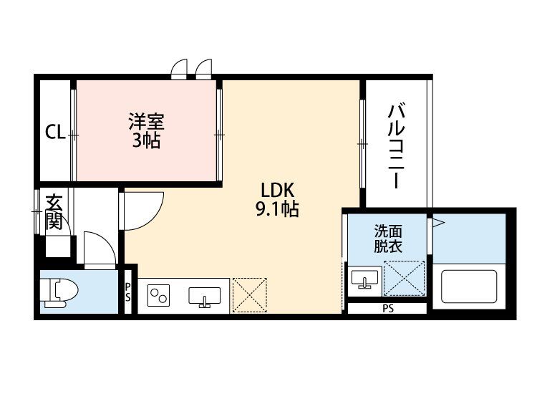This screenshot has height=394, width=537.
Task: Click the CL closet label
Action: click(x=55, y=132)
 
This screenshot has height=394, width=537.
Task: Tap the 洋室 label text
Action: click(x=147, y=121)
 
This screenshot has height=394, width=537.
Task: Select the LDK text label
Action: click(x=278, y=191)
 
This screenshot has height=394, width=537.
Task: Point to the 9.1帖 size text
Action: click(x=277, y=209)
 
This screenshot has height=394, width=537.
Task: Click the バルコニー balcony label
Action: click(x=396, y=146)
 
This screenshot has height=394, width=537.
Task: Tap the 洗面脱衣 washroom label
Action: click(x=387, y=239)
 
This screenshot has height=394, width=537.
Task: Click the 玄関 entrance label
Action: click(x=54, y=212)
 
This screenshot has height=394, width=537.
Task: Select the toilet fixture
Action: click(x=59, y=292)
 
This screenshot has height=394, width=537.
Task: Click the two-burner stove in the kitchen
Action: click(x=158, y=295)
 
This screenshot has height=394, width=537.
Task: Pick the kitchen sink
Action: click(x=205, y=297)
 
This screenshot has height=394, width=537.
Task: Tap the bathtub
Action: click(x=469, y=287)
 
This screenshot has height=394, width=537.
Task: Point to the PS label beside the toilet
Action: click(x=127, y=292)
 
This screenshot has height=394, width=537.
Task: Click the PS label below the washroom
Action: click(x=388, y=309)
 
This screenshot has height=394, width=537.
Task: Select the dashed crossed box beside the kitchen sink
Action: click(x=250, y=295)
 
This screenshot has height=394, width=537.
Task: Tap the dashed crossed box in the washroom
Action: click(x=405, y=278)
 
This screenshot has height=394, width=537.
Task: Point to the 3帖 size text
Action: click(x=147, y=140)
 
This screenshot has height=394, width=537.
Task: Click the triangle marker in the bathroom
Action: click(x=438, y=223)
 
